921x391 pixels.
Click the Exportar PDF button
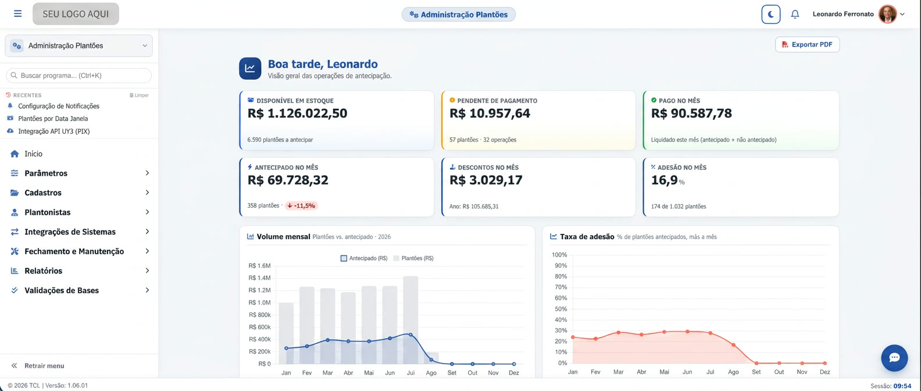tap(807, 44)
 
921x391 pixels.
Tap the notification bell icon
tap(795, 15)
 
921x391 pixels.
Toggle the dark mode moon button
tap(770, 15)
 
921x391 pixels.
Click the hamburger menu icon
tap(17, 13)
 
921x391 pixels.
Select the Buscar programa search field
tap(79, 75)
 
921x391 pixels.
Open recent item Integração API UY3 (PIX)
tap(54, 131)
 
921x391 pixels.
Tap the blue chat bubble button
tap(894, 358)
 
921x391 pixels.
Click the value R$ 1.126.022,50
tap(297, 113)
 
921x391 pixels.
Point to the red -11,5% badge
tap(301, 205)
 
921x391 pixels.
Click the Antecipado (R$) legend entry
tap(365, 258)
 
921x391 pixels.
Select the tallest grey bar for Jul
tap(410, 320)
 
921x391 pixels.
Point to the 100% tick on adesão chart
tap(559, 255)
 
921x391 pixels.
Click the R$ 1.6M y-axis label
tap(259, 265)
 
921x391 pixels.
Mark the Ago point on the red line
tap(734, 345)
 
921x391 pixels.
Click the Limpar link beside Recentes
tap(140, 95)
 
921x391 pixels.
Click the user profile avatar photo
tap(887, 14)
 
